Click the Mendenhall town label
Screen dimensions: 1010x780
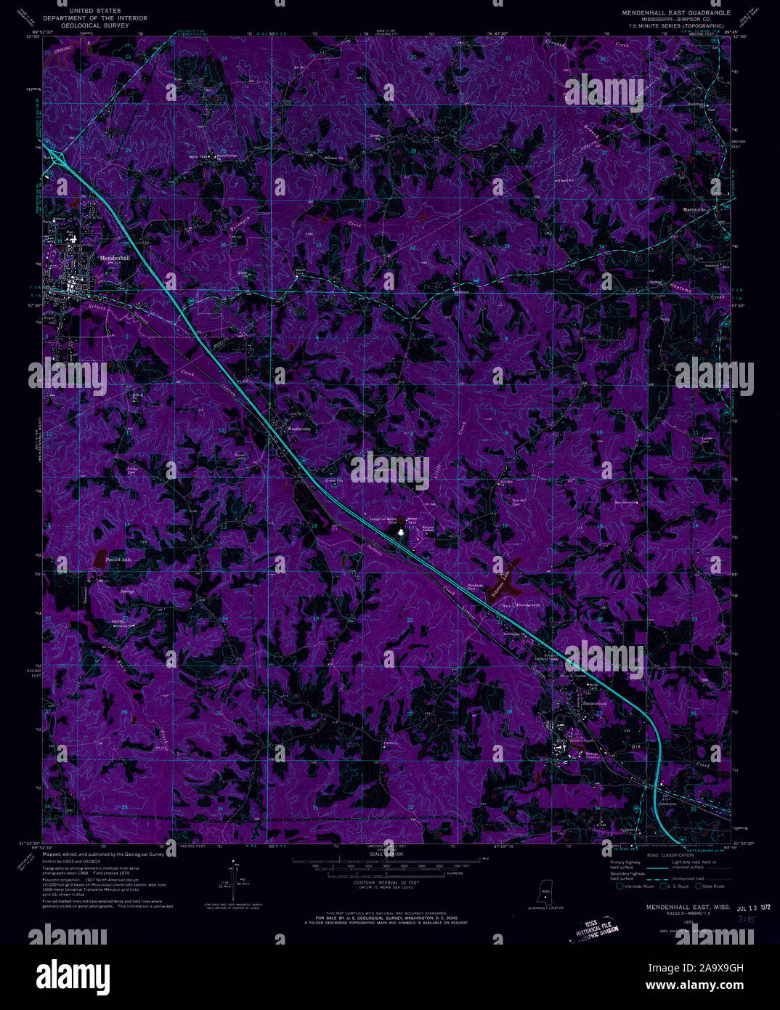click(115, 258)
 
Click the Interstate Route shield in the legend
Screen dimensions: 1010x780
click(620, 886)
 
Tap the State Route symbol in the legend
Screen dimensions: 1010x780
click(700, 886)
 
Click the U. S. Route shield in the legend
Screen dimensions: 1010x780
click(662, 886)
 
